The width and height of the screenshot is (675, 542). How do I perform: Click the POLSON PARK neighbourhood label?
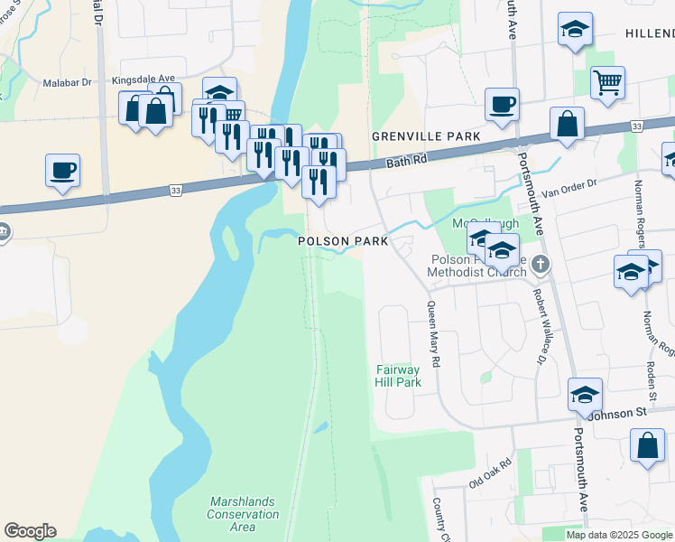[x=344, y=241]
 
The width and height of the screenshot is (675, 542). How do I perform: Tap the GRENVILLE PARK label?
[x=425, y=136]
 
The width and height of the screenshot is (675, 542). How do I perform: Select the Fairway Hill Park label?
[x=398, y=376]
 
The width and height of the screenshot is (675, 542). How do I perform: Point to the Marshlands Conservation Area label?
[x=244, y=514]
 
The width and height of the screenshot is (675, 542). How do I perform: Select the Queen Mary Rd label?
[x=434, y=334]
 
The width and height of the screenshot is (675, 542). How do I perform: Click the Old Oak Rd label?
[x=490, y=473]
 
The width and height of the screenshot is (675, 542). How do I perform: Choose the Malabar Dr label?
[x=68, y=82]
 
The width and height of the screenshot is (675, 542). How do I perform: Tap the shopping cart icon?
[x=608, y=82]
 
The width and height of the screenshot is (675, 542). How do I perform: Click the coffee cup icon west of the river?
[x=63, y=170]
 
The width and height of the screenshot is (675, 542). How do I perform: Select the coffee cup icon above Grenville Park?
[x=502, y=103]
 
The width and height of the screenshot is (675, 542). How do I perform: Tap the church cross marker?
[x=541, y=264]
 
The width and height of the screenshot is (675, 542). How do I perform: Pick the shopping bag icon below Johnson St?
[x=647, y=445]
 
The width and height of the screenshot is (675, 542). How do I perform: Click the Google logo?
[x=30, y=531]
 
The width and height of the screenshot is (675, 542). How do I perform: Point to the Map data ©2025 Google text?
[x=620, y=535]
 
